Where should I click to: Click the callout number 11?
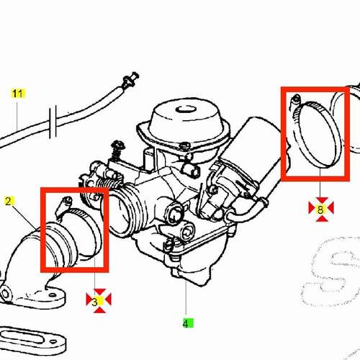pyautogui.click(x=17, y=94)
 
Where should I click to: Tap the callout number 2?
pyautogui.click(x=9, y=201)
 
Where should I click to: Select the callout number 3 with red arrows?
pyautogui.click(x=95, y=302)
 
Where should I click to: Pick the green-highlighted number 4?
pyautogui.click(x=186, y=324)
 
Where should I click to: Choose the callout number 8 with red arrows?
pyautogui.click(x=320, y=210)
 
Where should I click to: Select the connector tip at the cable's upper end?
pyautogui.click(x=131, y=79)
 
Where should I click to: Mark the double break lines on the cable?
pyautogui.click(x=53, y=122)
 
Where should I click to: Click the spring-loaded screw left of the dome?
pyautogui.click(x=118, y=150)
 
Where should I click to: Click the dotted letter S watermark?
pyautogui.click(x=330, y=271)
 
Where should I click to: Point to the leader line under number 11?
pyautogui.click(x=17, y=117)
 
